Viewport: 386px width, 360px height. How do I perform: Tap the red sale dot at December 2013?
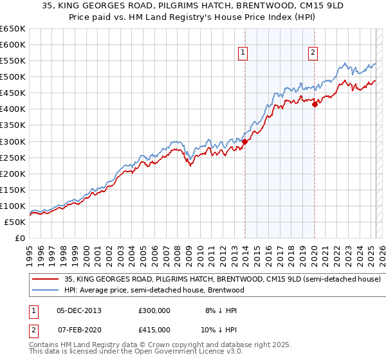pyautogui.click(x=244, y=141)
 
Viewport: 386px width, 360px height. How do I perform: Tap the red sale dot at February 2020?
pyautogui.click(x=315, y=105)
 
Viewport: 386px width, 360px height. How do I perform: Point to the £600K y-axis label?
pyautogui.click(x=13, y=44)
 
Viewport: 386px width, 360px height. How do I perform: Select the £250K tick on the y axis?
pyautogui.click(x=13, y=157)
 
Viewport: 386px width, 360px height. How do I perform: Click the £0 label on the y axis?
pyautogui.click(x=19, y=238)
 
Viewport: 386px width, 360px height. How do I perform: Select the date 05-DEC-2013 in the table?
pyautogui.click(x=79, y=310)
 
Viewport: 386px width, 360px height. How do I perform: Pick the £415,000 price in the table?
pyautogui.click(x=154, y=329)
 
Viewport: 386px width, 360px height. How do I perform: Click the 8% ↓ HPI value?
pyautogui.click(x=220, y=310)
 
